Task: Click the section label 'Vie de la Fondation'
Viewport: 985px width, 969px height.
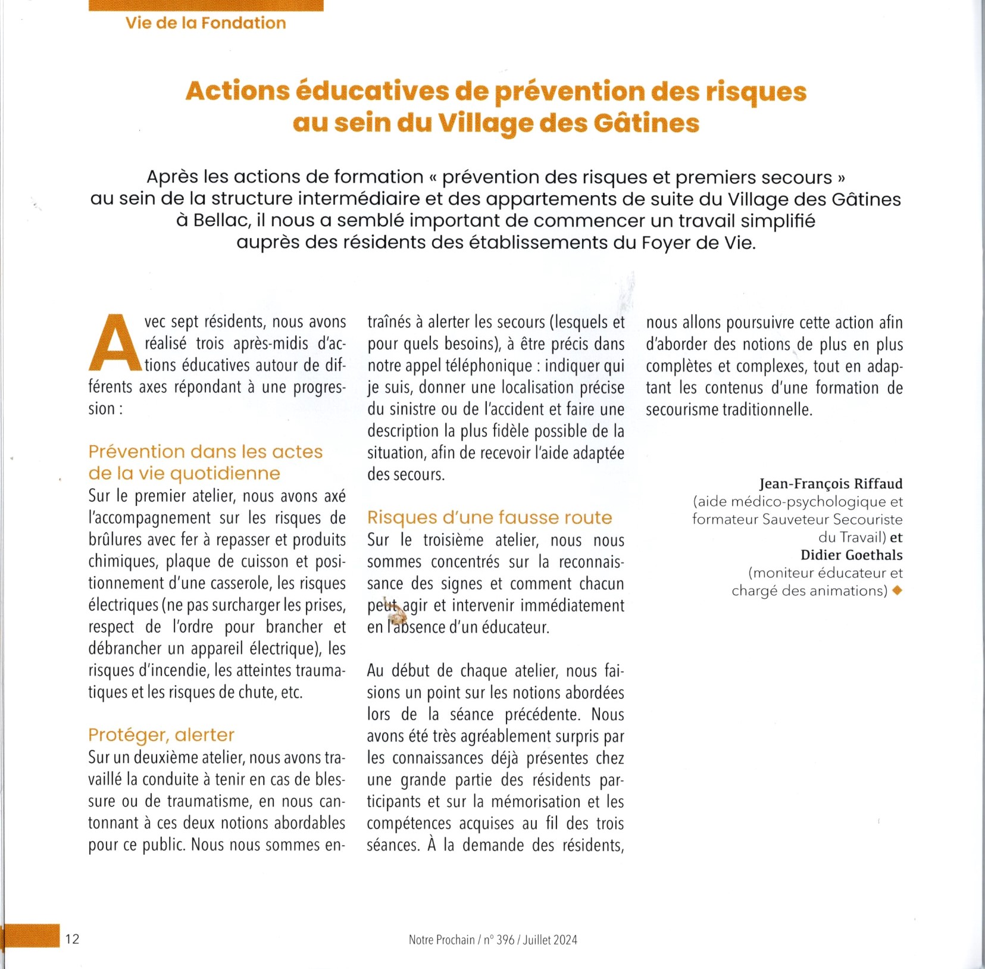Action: (205, 23)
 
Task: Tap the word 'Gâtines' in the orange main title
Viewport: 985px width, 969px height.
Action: (646, 123)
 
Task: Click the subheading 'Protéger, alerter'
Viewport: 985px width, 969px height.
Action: (161, 735)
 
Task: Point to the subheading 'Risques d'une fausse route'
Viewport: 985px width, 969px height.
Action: (489, 518)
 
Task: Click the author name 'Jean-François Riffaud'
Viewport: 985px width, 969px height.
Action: (830, 484)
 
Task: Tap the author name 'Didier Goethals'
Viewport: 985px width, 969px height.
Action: (851, 555)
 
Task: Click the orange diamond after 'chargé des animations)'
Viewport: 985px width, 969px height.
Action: (898, 590)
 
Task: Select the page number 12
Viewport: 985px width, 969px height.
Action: (72, 939)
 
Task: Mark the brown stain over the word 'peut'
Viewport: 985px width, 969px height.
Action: (393, 610)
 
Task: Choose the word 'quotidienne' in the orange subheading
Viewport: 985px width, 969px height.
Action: (226, 474)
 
